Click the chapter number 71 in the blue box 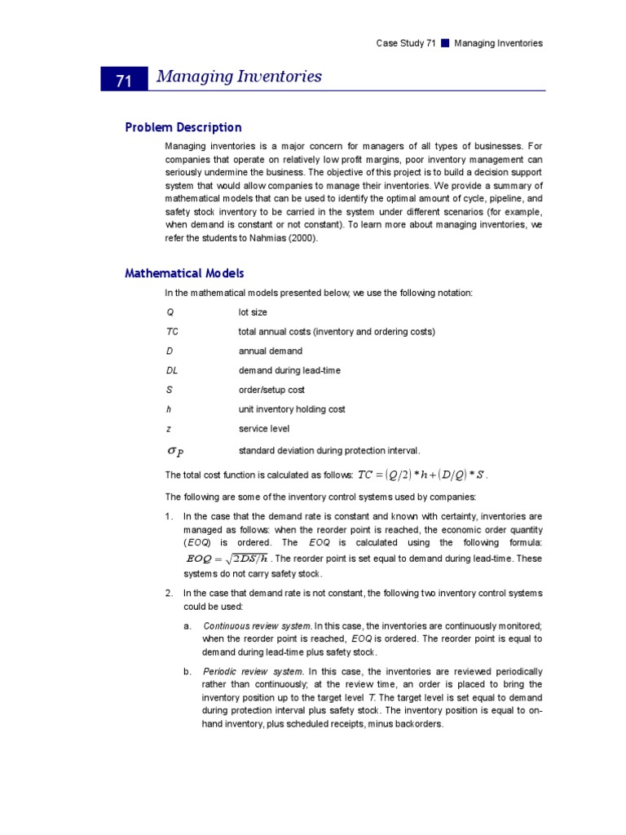[x=124, y=80]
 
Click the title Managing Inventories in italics [x=239, y=77]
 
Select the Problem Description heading [x=183, y=127]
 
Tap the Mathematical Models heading [x=184, y=273]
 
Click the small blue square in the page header [x=445, y=43]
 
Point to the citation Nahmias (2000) [x=280, y=238]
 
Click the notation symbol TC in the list [x=172, y=332]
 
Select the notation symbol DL [x=172, y=370]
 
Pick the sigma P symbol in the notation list [x=175, y=450]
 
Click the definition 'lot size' [x=253, y=312]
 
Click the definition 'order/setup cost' [x=271, y=390]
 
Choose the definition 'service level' [x=263, y=429]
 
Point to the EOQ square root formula [x=227, y=559]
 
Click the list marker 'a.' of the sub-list [x=187, y=625]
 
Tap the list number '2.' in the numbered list [x=169, y=593]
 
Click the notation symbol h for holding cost [x=169, y=409]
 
